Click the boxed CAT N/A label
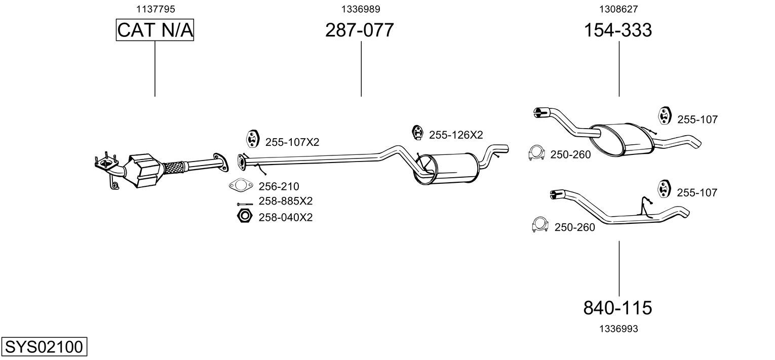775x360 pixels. click(x=154, y=30)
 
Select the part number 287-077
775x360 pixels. click(x=360, y=30)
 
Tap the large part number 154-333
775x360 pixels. click(x=618, y=30)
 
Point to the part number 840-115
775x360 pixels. click(x=617, y=308)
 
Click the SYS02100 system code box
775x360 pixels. click(x=44, y=346)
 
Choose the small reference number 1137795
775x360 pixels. click(x=156, y=9)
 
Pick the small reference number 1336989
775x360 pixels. click(x=361, y=9)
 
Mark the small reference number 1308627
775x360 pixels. click(x=618, y=9)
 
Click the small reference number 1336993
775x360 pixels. click(x=618, y=329)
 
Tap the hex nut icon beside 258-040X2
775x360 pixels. click(x=245, y=216)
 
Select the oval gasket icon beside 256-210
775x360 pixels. click(x=241, y=185)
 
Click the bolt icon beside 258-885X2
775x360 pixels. click(x=245, y=205)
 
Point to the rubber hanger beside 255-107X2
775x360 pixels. click(x=253, y=139)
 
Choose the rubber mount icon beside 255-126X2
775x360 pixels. click(x=418, y=133)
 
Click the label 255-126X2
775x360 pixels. click(x=456, y=135)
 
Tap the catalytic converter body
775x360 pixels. click(x=145, y=171)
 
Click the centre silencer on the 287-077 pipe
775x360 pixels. click(x=447, y=169)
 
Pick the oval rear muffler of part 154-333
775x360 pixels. click(x=622, y=139)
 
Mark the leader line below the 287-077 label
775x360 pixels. click(x=361, y=69)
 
